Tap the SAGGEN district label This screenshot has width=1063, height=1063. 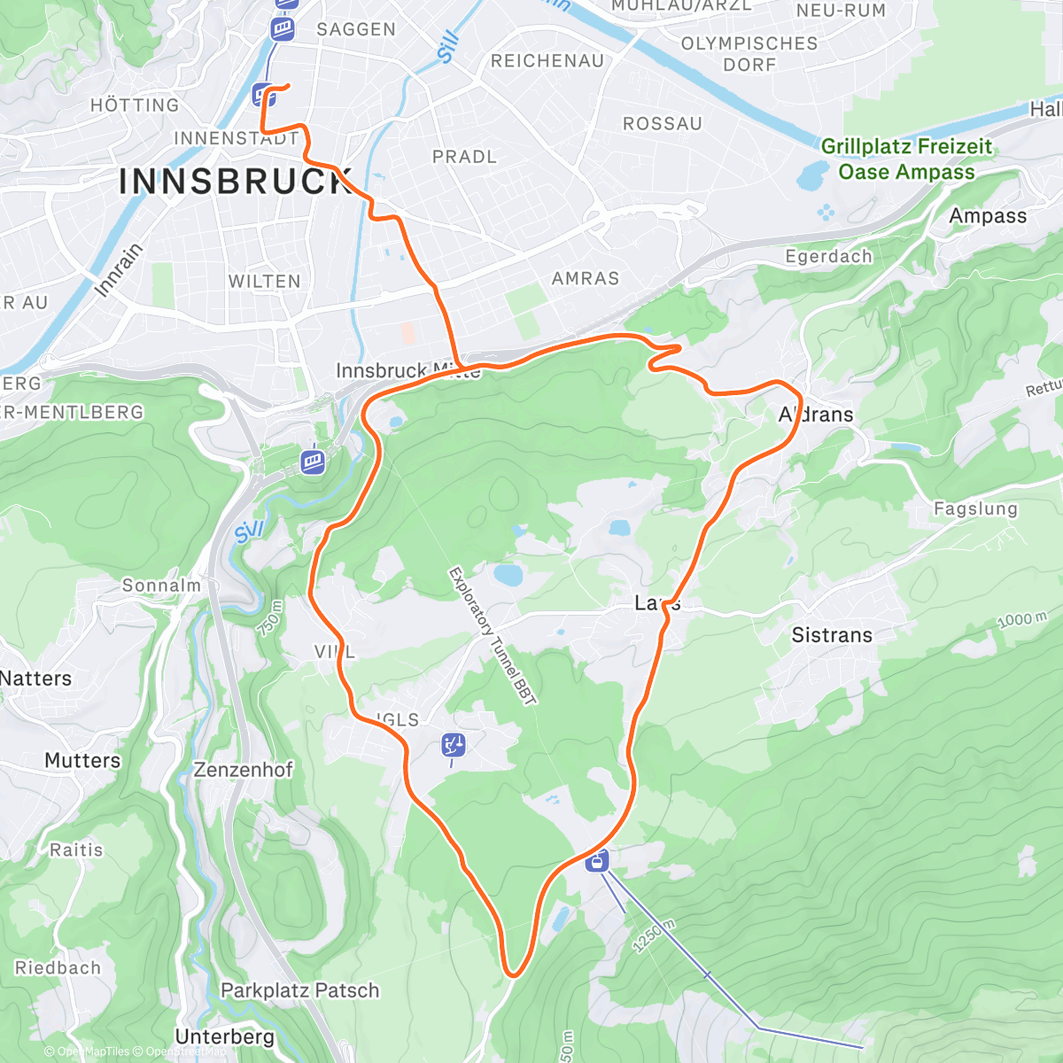356,29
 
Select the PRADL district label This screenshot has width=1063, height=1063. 464,157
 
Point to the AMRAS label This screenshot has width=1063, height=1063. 586,278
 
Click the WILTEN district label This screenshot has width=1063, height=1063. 264,281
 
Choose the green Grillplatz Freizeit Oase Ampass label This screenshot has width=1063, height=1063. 906,159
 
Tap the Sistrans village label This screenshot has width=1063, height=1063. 832,635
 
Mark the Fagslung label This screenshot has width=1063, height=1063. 975,508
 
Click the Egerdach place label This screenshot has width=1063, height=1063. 829,256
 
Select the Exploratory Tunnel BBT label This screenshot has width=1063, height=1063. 493,636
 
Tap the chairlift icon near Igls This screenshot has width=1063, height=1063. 454,746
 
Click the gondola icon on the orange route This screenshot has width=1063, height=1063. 598,859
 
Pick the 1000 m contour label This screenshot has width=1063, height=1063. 1021,619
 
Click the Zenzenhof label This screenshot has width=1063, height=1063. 243,770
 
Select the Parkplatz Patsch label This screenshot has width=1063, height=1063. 299,990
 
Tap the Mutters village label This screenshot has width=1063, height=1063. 82,760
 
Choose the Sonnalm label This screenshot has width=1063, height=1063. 161,586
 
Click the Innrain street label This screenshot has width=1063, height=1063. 118,269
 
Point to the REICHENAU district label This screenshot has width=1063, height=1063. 547,60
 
